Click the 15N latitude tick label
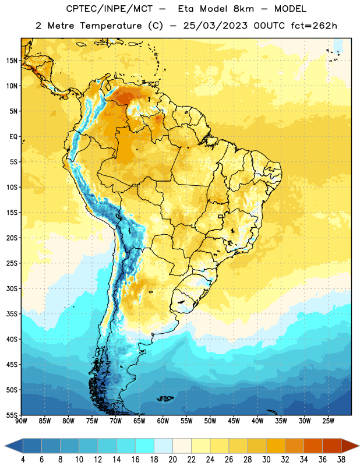pyautogui.click(x=12, y=61)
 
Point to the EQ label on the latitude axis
pyautogui.click(x=13, y=137)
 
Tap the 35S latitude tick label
pyautogui.click(x=12, y=314)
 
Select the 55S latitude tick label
pyautogui.click(x=12, y=415)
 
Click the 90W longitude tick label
pyautogui.click(x=22, y=421)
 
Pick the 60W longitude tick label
pyautogui.click(x=163, y=421)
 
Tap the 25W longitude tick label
pyautogui.click(x=328, y=421)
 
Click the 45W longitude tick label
pyautogui.click(x=234, y=421)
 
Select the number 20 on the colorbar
pyautogui.click(x=172, y=460)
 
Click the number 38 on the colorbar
pyautogui.click(x=341, y=460)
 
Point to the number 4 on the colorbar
pyautogui.click(x=23, y=460)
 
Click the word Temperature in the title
pyautogui.click(x=111, y=26)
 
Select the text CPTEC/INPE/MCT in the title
pyautogui.click(x=110, y=9)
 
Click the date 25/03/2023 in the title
pyautogui.click(x=215, y=26)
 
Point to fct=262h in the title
pyautogui.click(x=314, y=26)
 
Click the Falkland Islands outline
pyautogui.click(x=165, y=398)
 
